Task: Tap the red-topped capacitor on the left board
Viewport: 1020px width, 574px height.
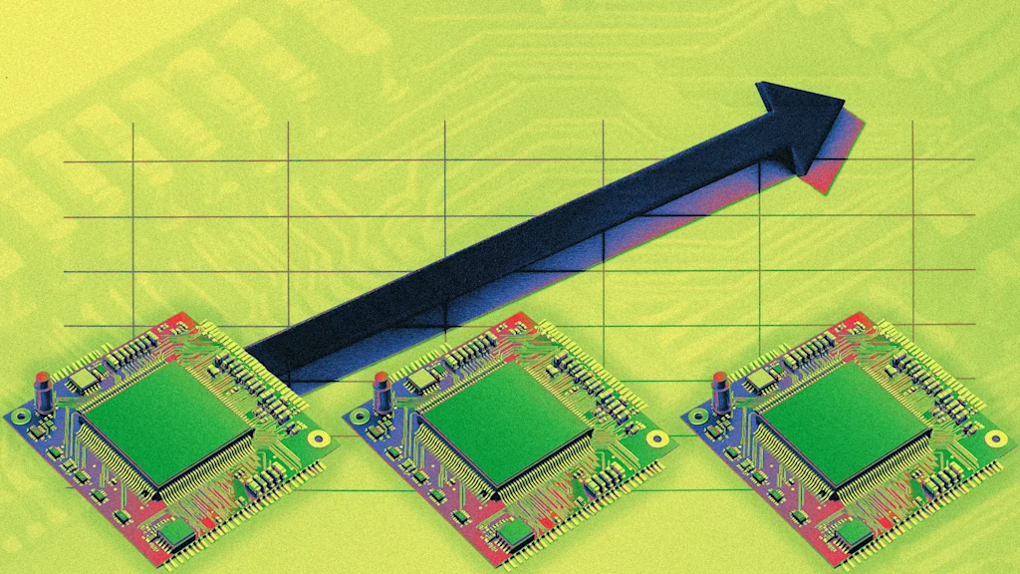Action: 44,391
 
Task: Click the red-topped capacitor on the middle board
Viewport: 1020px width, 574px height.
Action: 382,391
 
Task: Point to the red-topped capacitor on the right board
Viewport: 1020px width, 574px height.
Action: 722,391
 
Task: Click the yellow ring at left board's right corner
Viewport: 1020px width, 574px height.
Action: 318,437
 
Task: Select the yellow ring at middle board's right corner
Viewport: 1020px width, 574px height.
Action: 656,437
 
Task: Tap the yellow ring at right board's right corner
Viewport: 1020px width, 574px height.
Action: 995,437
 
